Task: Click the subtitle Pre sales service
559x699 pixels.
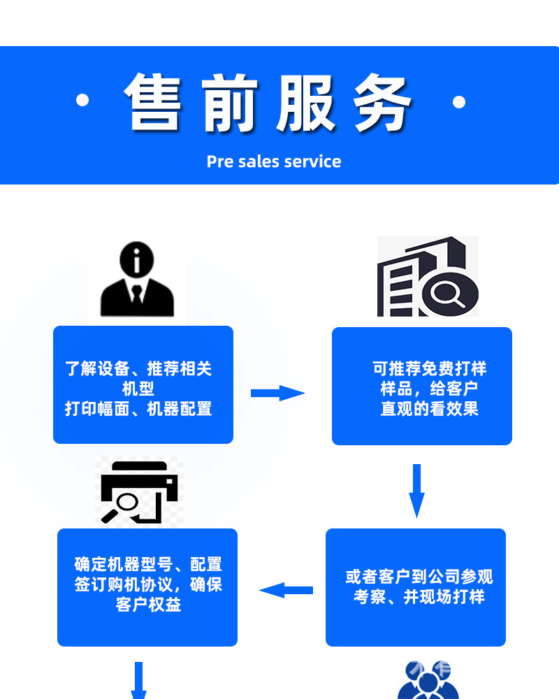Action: tap(274, 161)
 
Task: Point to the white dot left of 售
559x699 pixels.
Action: tap(82, 101)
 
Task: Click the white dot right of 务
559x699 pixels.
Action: tap(459, 102)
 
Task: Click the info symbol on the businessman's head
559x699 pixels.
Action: tap(136, 260)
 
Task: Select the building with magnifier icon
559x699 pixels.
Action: tap(427, 278)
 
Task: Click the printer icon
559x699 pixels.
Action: tap(139, 491)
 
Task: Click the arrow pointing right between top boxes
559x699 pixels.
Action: tap(277, 393)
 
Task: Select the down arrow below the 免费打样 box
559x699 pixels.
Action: tap(417, 490)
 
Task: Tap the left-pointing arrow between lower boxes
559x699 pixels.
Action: tap(286, 590)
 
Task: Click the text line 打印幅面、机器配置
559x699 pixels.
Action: tap(138, 409)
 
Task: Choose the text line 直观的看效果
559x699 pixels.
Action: tap(429, 409)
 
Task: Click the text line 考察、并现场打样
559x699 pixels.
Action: tap(419, 597)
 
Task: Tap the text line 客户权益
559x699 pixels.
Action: tap(148, 605)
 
